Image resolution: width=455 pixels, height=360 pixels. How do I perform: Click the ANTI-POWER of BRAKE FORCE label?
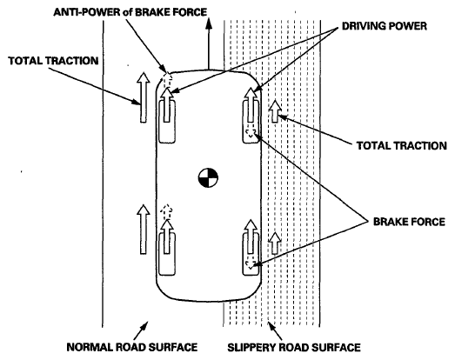(130, 12)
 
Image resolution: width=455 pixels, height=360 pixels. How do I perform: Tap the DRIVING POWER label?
(385, 26)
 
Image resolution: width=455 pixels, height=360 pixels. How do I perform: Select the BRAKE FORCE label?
(409, 222)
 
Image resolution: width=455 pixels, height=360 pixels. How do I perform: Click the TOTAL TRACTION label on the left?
(53, 61)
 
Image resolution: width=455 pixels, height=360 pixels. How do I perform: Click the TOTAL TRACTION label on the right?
(402, 145)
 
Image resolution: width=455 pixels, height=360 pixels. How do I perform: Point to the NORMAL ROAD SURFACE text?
(132, 347)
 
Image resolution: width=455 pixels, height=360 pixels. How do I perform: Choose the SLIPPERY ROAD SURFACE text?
(294, 347)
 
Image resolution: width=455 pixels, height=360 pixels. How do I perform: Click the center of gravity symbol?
(208, 177)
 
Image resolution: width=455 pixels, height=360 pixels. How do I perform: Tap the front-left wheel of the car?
(166, 121)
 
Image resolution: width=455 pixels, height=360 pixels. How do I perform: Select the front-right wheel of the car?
(251, 121)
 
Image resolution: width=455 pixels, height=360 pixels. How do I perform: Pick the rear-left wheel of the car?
(166, 254)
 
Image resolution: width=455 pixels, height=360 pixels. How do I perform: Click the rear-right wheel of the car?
(251, 254)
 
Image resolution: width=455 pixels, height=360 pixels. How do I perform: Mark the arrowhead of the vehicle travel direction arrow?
(208, 23)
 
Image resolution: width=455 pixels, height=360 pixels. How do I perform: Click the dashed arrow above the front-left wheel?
(166, 79)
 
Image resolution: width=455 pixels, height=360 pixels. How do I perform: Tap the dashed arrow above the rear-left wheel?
(166, 212)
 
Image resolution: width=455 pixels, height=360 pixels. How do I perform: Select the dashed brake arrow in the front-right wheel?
(251, 133)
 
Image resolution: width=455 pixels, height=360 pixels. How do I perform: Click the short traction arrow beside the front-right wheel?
(275, 110)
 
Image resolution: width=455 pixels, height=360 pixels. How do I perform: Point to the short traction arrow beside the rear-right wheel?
(275, 243)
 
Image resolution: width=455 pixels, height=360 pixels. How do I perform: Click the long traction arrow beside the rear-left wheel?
(143, 230)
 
